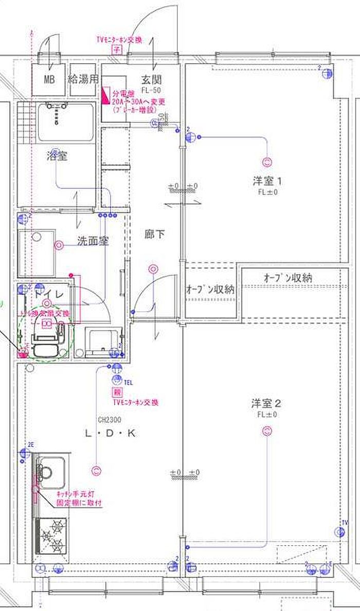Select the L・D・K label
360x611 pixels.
click(x=110, y=434)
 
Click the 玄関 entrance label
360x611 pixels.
click(x=152, y=80)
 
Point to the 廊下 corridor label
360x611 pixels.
click(x=154, y=235)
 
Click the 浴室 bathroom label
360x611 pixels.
click(x=57, y=156)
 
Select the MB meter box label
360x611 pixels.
click(x=49, y=80)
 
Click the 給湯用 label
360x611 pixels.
click(x=83, y=80)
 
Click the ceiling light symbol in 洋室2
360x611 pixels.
click(x=267, y=432)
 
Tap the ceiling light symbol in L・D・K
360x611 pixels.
click(x=96, y=470)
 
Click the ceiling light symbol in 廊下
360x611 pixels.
click(x=153, y=268)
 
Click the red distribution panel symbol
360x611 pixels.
click(x=107, y=94)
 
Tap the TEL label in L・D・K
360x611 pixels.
click(x=129, y=382)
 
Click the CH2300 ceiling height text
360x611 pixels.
click(x=108, y=419)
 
